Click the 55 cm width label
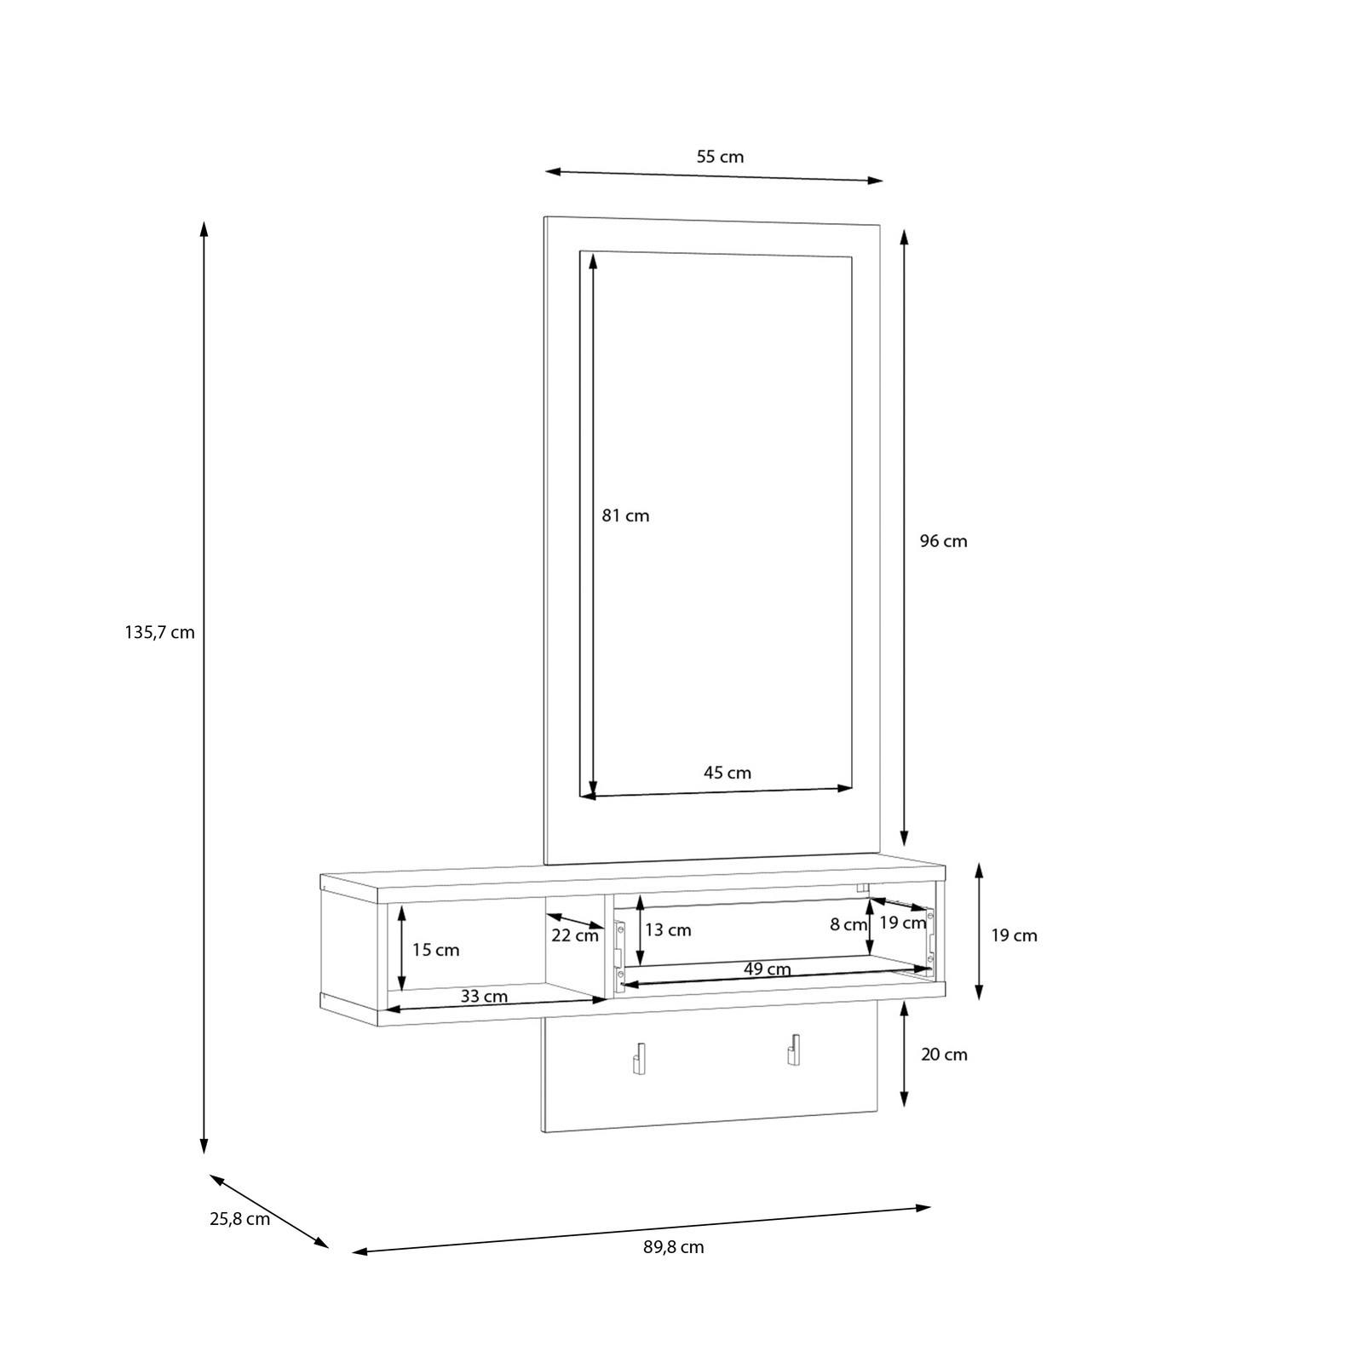click(x=720, y=157)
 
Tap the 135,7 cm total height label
click(x=160, y=633)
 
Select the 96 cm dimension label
click(x=944, y=541)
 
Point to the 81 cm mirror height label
click(x=625, y=515)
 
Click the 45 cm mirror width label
click(x=728, y=773)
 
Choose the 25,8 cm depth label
click(x=240, y=1219)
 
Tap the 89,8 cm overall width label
click(x=674, y=1247)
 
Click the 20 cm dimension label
click(x=944, y=1055)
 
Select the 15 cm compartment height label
click(x=435, y=950)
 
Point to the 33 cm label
click(x=484, y=996)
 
